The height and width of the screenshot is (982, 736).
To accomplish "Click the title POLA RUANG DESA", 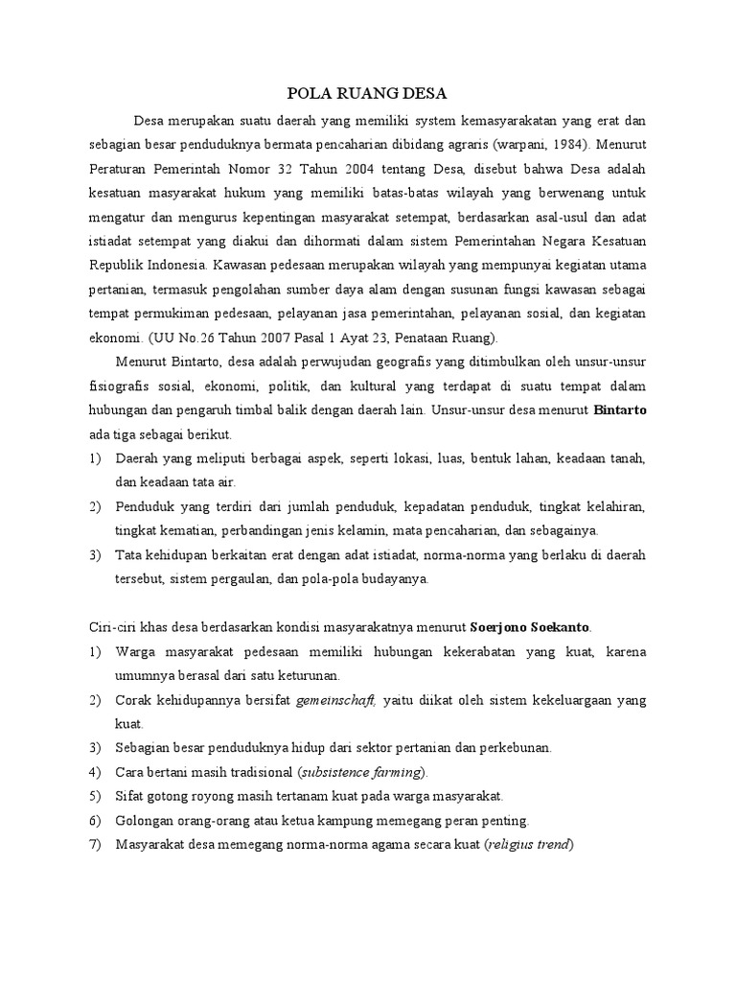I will pyautogui.click(x=368, y=93).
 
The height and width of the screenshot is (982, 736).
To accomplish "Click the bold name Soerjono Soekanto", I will pyautogui.click(x=531, y=627).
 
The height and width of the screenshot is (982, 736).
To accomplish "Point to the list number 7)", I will pyautogui.click(x=95, y=845).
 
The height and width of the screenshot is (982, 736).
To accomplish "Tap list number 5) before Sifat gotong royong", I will pyautogui.click(x=95, y=796).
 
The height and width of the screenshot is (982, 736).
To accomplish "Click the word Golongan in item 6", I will pyautogui.click(x=145, y=821).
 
